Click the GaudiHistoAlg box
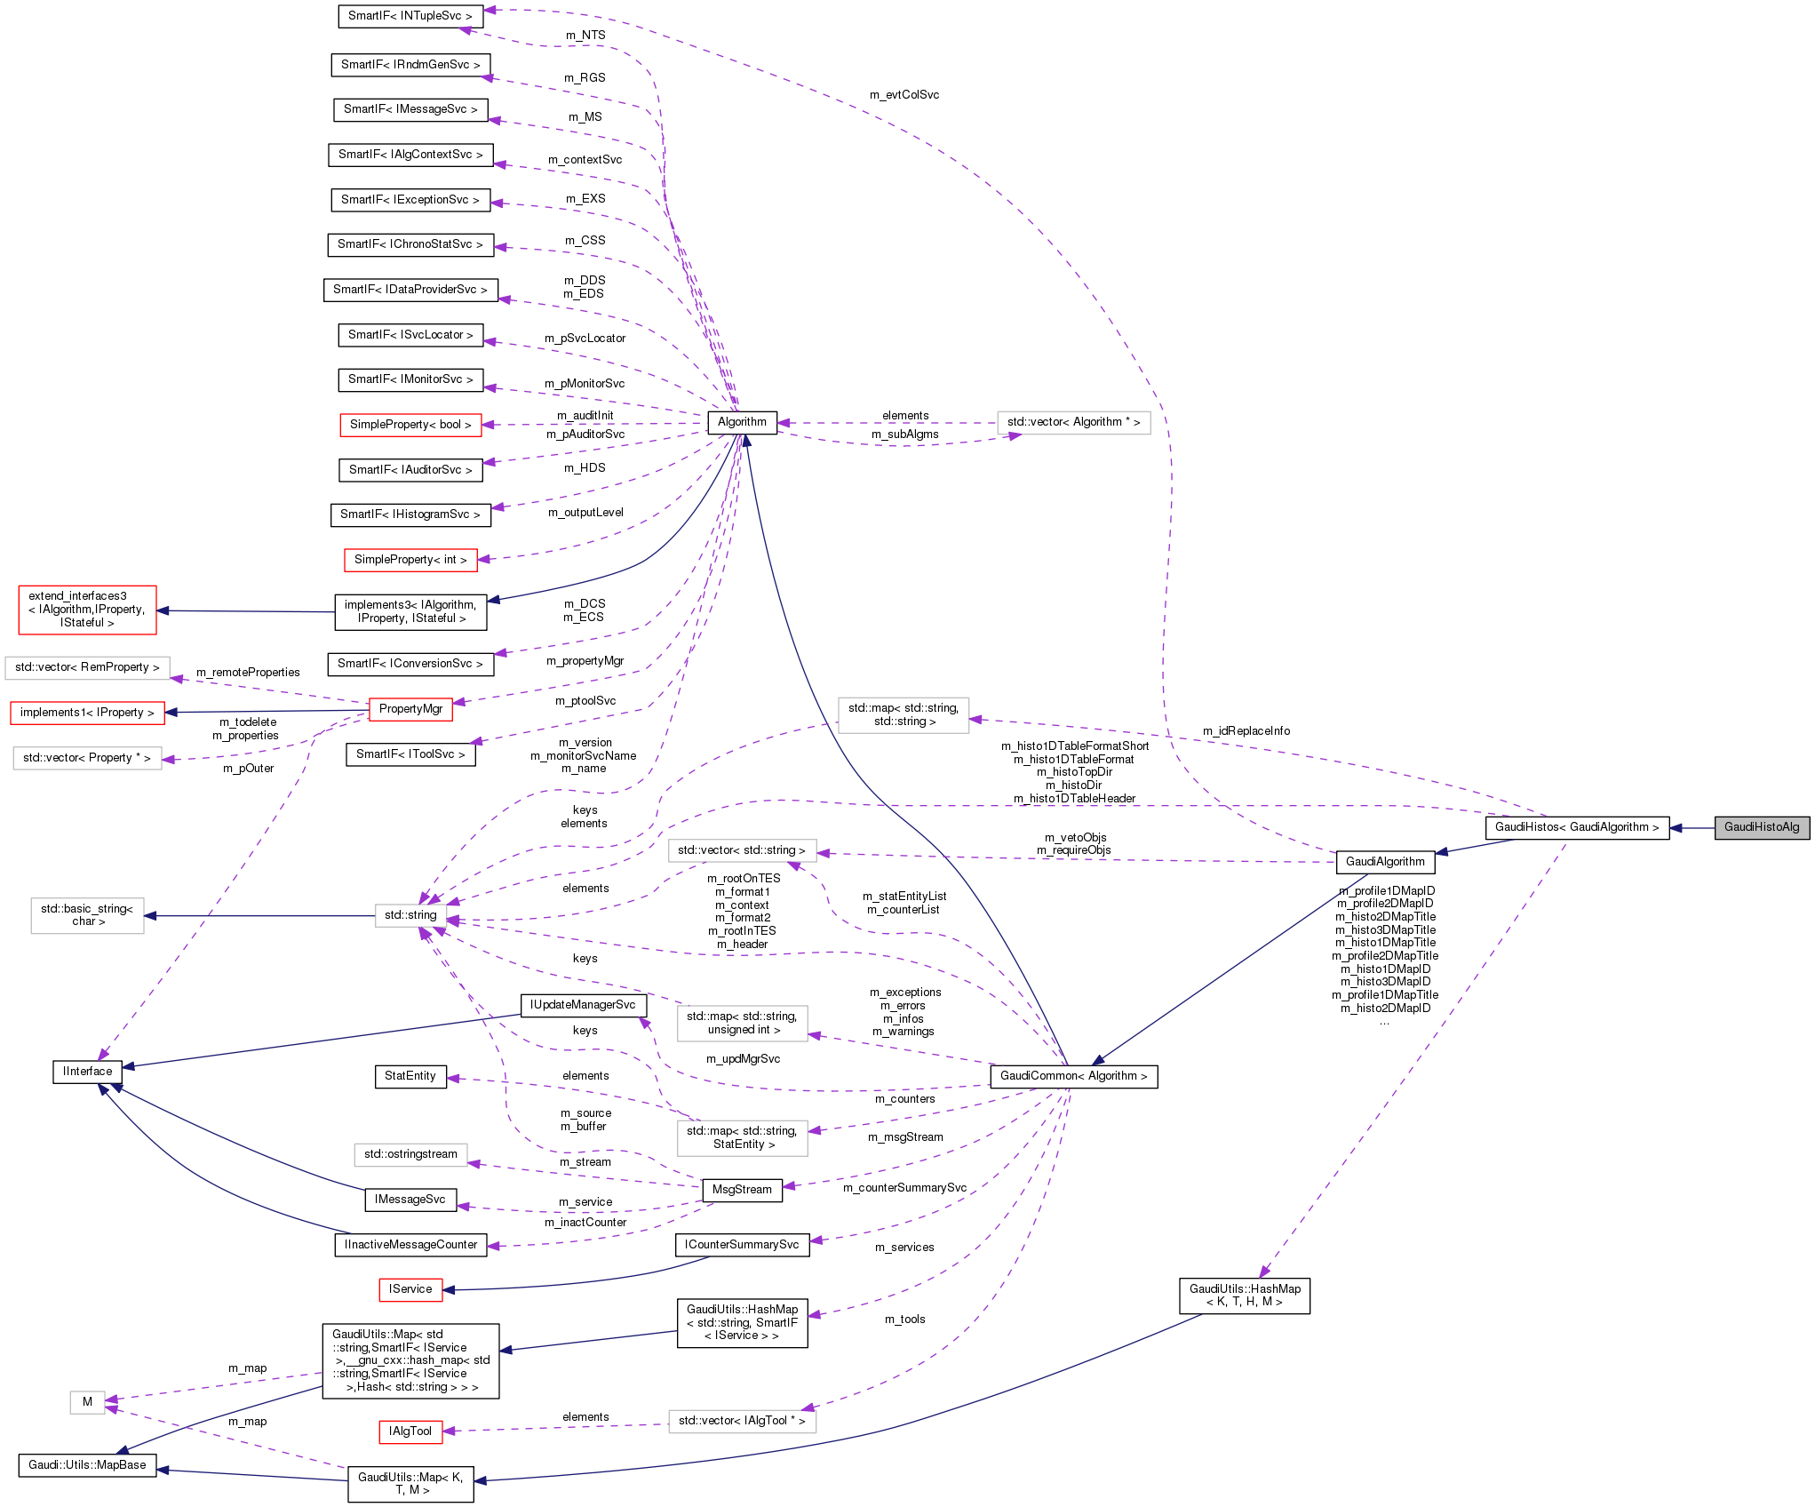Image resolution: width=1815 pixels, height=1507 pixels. (1761, 827)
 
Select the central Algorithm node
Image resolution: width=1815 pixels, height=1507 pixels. (742, 422)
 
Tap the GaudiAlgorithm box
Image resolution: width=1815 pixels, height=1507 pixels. (1384, 862)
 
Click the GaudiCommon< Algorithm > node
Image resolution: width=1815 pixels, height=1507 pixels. (1073, 1076)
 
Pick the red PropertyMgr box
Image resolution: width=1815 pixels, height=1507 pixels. (410, 709)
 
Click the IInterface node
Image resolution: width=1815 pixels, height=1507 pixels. (87, 1072)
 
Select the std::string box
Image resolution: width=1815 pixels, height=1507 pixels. (410, 915)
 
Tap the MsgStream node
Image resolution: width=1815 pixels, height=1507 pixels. (742, 1190)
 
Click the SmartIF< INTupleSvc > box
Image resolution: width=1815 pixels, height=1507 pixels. (410, 16)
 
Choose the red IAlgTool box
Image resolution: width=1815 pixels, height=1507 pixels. (410, 1431)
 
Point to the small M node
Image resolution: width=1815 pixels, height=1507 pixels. (87, 1402)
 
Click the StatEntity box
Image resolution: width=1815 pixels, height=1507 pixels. (410, 1076)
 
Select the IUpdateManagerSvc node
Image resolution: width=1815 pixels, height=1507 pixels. (583, 1005)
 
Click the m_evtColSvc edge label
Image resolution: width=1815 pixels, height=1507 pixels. (904, 95)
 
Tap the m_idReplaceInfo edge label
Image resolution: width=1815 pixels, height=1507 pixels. (1246, 731)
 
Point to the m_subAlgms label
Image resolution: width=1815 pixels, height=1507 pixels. (904, 435)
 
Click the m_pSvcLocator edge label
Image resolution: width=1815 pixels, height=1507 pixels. (585, 339)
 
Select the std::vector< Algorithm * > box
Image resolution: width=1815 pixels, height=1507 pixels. (1073, 422)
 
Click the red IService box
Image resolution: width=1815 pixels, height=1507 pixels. (410, 1289)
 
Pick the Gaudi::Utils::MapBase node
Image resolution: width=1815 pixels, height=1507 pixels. (87, 1465)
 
